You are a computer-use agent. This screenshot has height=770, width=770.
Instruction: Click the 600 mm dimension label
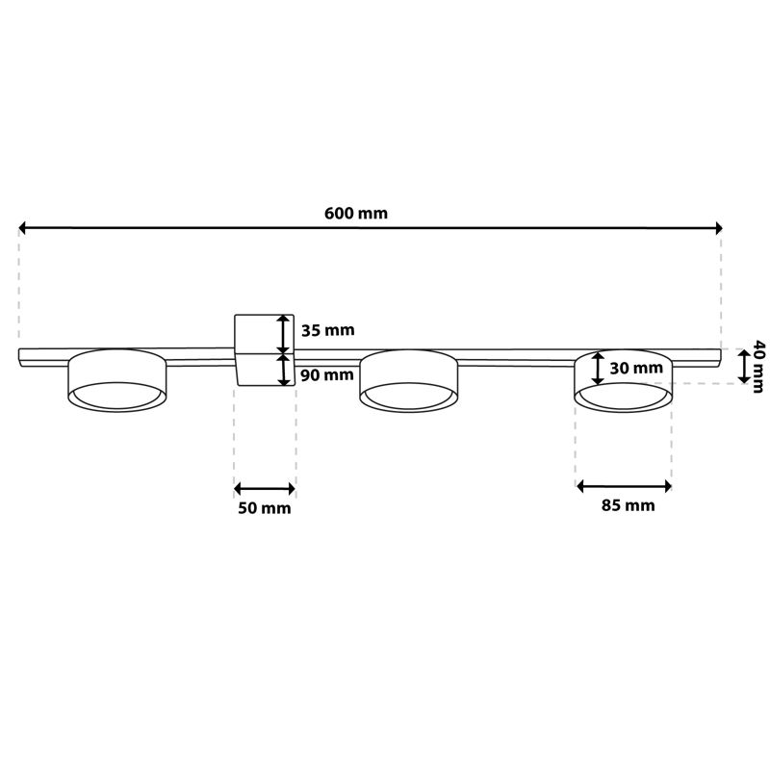[356, 213]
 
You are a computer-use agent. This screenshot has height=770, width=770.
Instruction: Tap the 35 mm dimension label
[327, 330]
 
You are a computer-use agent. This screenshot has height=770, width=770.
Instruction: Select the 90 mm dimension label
[326, 374]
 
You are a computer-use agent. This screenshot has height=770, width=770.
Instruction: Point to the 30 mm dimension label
[636, 368]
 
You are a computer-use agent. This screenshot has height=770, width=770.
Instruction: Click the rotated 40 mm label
[758, 366]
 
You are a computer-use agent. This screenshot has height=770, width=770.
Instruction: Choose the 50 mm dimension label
[264, 508]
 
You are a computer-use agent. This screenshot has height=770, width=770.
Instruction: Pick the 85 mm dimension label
[629, 504]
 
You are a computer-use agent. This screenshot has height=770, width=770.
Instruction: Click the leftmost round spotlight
[116, 380]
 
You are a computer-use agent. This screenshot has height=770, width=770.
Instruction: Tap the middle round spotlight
[409, 380]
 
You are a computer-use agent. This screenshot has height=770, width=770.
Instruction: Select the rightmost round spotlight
[624, 380]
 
